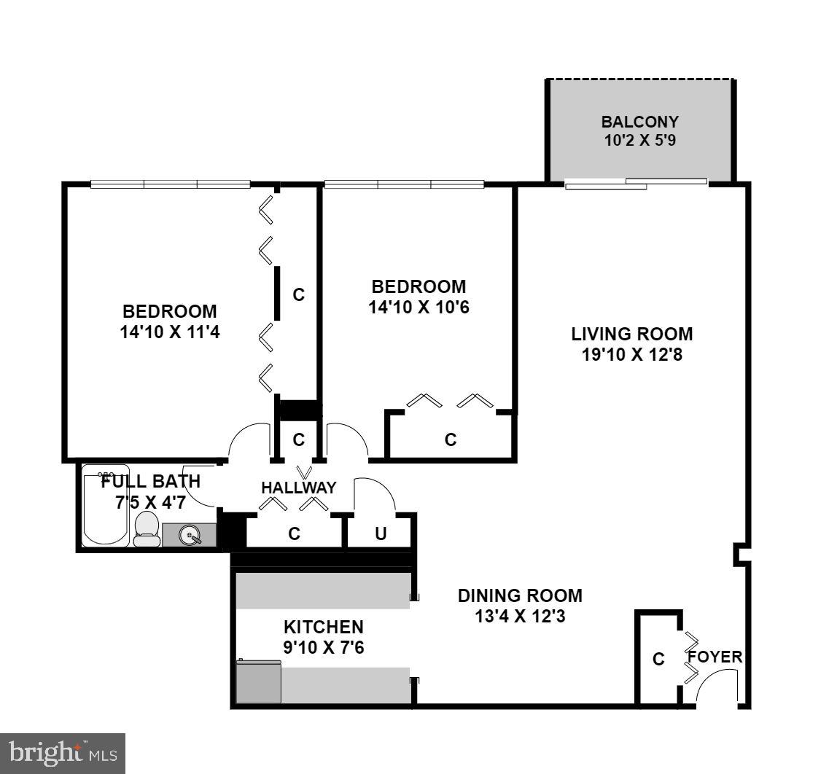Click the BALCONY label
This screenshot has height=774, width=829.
point(639,122)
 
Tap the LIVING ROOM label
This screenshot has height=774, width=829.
point(631,335)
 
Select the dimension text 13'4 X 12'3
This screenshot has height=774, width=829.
point(520,616)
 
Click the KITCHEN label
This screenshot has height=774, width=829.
point(323,627)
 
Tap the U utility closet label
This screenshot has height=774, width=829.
point(380,534)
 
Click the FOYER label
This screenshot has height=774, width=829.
point(715,657)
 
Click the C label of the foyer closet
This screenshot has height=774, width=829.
point(658,660)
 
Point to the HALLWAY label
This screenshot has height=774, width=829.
point(299,488)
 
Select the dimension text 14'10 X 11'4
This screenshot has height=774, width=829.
point(169,332)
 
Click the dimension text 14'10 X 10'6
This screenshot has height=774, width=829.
point(419,308)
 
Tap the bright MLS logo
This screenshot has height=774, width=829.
point(63,752)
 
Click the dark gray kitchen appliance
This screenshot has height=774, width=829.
point(259,683)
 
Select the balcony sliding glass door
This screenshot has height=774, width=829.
point(636,183)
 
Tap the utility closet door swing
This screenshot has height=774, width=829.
point(373,494)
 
